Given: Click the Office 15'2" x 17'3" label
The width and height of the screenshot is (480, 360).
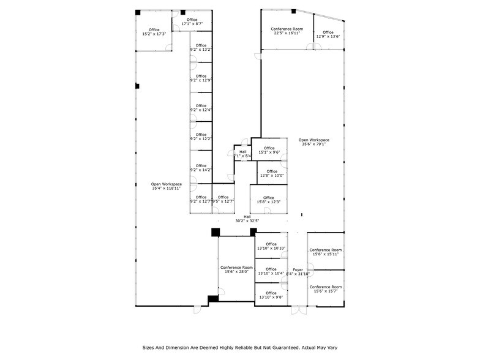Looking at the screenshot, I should (154, 32).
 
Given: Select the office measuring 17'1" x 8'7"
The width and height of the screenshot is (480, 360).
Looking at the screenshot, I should (192, 22).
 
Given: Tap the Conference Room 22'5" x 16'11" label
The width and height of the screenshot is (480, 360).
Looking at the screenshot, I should (287, 31).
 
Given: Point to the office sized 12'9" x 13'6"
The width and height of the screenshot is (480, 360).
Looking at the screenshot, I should (328, 34).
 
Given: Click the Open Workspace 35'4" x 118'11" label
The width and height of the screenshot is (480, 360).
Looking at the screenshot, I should (167, 187).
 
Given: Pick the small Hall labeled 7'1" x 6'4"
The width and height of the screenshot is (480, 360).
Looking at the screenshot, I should (242, 154).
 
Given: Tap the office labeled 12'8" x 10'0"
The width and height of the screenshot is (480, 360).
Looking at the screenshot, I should (272, 173).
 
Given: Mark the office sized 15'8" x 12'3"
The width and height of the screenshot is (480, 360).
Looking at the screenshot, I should (272, 200).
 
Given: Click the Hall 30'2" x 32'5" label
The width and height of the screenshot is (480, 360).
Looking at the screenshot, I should (247, 219).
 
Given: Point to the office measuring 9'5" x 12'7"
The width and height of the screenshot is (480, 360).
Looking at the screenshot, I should (223, 199).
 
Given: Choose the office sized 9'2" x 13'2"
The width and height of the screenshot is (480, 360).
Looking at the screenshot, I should (201, 48).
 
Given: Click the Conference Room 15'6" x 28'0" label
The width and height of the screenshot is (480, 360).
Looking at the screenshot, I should (236, 270).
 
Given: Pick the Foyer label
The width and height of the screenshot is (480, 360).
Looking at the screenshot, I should (298, 272).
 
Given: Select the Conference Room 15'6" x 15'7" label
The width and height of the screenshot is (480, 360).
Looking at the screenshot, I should (326, 289).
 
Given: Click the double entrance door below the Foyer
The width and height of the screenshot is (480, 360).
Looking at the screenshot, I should (298, 310).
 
